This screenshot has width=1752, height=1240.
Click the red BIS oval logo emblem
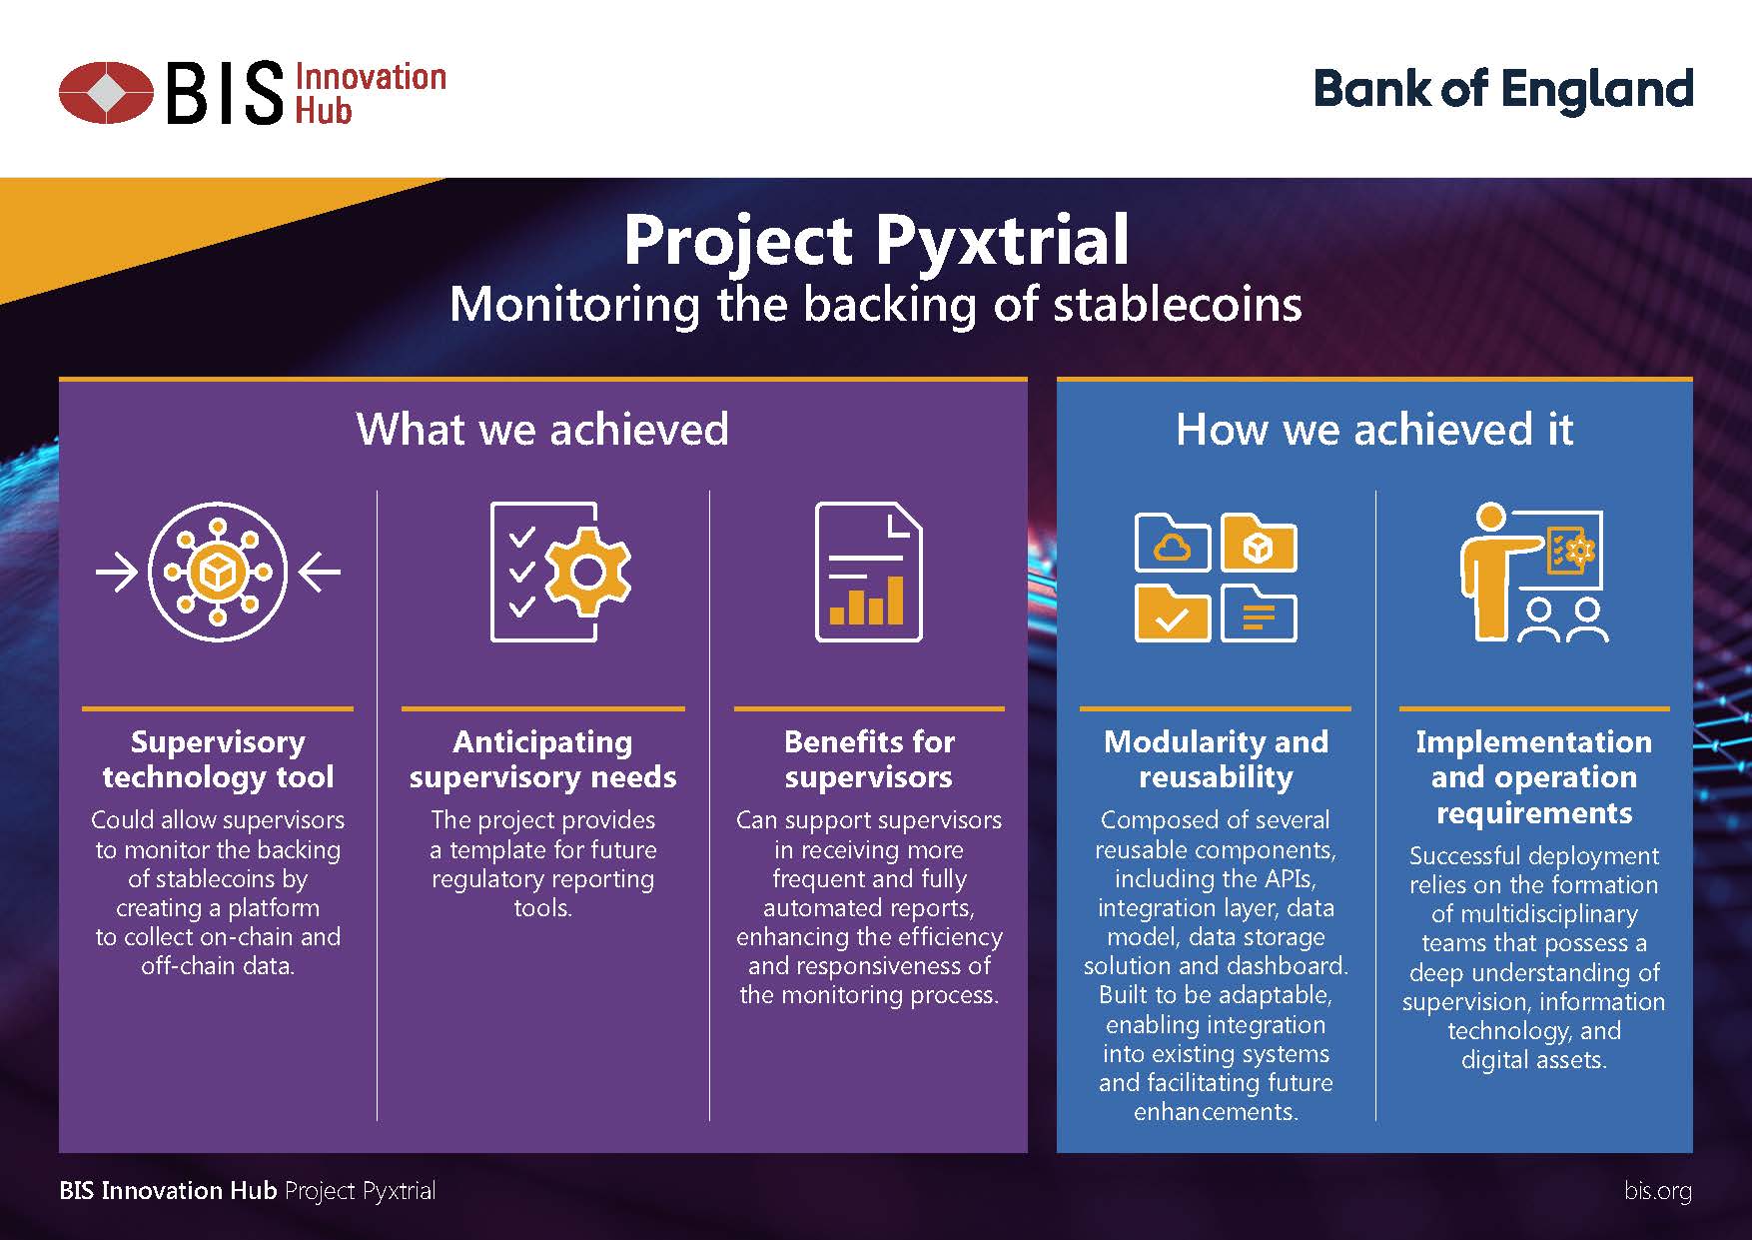click(107, 92)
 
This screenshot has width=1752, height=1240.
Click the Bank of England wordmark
click(1503, 90)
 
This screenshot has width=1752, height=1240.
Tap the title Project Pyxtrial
click(876, 240)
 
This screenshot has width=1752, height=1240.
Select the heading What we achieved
click(542, 429)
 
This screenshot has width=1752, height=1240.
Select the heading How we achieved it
click(1374, 429)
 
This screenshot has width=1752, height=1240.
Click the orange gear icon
click(588, 572)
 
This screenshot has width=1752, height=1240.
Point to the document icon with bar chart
click(869, 572)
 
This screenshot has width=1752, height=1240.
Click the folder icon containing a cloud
click(1173, 544)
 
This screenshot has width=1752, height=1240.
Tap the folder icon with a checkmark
click(1173, 614)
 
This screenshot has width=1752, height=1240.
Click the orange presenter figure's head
click(1490, 518)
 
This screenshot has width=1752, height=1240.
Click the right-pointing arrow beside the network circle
click(117, 573)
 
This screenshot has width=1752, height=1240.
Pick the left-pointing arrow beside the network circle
click(320, 573)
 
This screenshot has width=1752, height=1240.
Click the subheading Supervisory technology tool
click(218, 759)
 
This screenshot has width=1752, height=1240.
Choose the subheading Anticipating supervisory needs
click(542, 759)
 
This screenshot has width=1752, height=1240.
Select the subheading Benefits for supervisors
click(869, 759)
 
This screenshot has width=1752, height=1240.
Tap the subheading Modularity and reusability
click(1216, 759)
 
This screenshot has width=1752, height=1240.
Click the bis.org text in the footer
click(1658, 1191)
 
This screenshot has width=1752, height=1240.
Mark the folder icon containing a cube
click(1259, 544)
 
